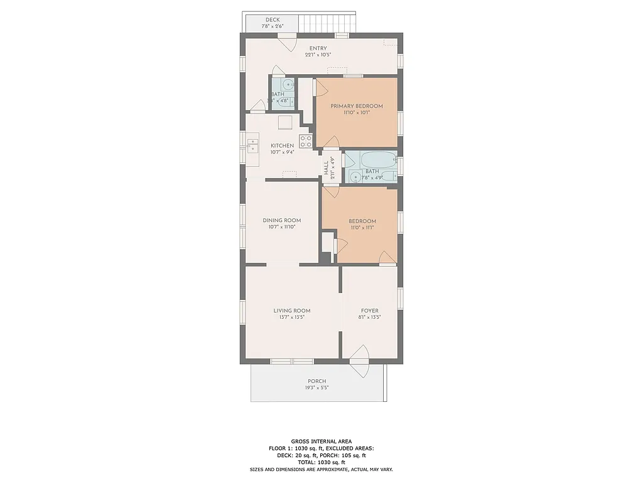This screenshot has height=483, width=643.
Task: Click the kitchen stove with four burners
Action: (x=306, y=142)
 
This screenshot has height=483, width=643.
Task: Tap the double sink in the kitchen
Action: (x=252, y=145)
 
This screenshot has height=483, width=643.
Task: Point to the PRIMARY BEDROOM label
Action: (x=356, y=106)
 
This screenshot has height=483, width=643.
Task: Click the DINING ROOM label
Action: (x=281, y=220)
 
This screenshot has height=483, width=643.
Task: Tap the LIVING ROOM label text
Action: (x=291, y=310)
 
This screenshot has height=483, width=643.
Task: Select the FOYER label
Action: (x=369, y=310)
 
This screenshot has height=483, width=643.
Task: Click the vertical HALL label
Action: (x=326, y=168)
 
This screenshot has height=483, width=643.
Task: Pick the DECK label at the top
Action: (x=273, y=19)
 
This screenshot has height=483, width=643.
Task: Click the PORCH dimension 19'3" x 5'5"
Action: (x=316, y=388)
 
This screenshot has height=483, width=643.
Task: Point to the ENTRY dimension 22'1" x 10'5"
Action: (x=318, y=55)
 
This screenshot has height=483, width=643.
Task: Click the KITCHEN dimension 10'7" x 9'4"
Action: (x=282, y=152)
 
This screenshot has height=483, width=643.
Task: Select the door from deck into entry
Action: (x=288, y=43)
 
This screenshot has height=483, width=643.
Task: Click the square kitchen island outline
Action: (x=285, y=122)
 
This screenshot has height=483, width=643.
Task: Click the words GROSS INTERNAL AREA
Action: (x=321, y=441)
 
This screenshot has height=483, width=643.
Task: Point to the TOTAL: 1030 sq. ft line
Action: (x=321, y=462)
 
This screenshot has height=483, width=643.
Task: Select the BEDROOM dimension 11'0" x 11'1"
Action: (x=362, y=228)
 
